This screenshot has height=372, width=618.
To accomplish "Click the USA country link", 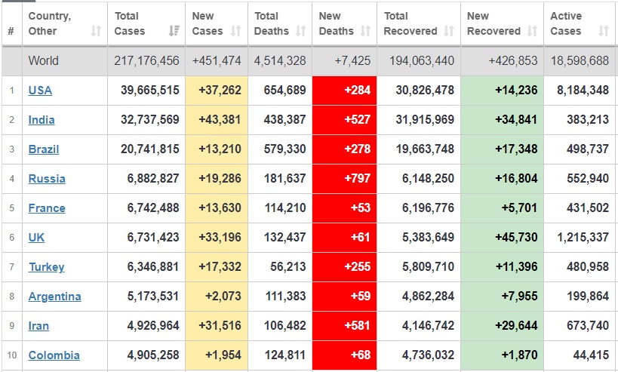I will pyautogui.click(x=40, y=91).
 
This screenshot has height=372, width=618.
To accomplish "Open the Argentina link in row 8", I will pyautogui.click(x=54, y=297).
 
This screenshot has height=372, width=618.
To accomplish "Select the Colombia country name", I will pyautogui.click(x=54, y=355).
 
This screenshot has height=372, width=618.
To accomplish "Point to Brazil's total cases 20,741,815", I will pyautogui.click(x=150, y=149).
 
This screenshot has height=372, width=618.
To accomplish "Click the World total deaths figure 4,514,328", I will pyautogui.click(x=280, y=61).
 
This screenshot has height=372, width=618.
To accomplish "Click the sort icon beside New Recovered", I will pyautogui.click(x=531, y=32).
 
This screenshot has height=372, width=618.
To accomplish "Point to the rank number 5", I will pyautogui.click(x=11, y=208).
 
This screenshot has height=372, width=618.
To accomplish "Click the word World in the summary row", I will pyautogui.click(x=43, y=61).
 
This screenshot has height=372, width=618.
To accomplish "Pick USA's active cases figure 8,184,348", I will pyautogui.click(x=582, y=91).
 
